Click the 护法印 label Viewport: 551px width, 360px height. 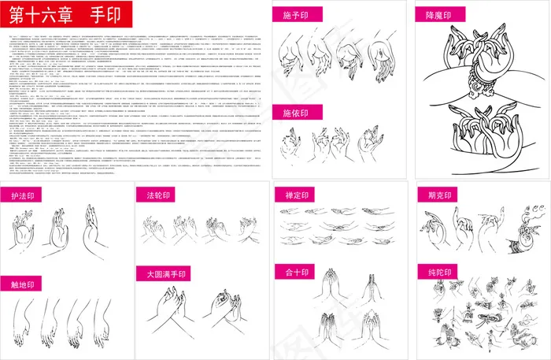click(24, 195)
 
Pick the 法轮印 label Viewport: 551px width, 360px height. click(158, 195)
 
